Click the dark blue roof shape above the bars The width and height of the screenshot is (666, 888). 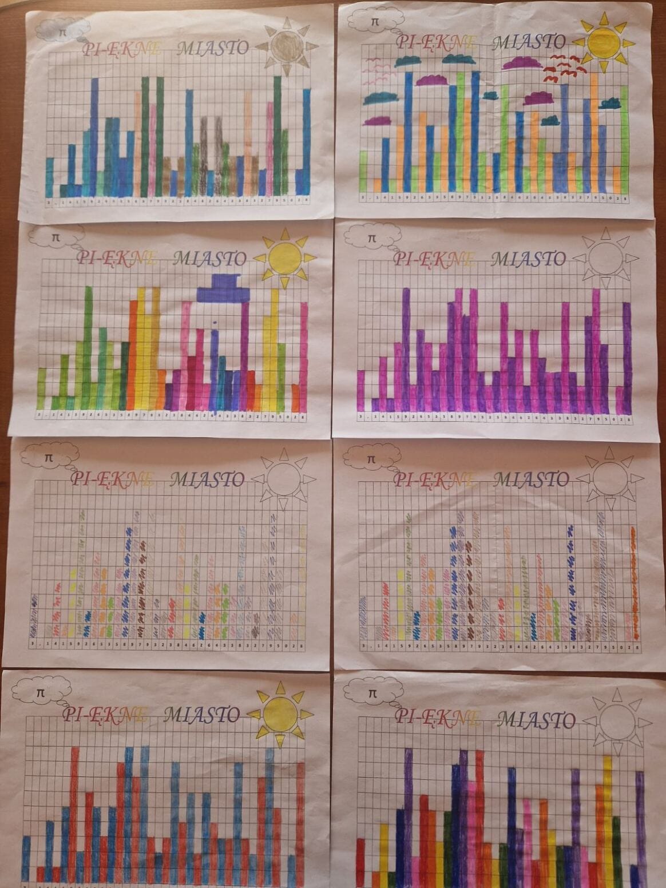pos(224,288)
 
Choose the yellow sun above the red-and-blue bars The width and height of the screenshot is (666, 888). pos(280,713)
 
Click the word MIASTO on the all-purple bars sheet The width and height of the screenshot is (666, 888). pos(528,259)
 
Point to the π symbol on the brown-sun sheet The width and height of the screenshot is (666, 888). pos(62,32)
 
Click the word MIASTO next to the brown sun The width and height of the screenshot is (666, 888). pos(213,47)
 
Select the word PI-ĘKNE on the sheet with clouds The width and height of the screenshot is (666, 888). pos(437,41)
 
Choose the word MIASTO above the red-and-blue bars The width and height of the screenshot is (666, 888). pos(202,714)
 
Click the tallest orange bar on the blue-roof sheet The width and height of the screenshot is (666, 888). pos(133,352)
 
